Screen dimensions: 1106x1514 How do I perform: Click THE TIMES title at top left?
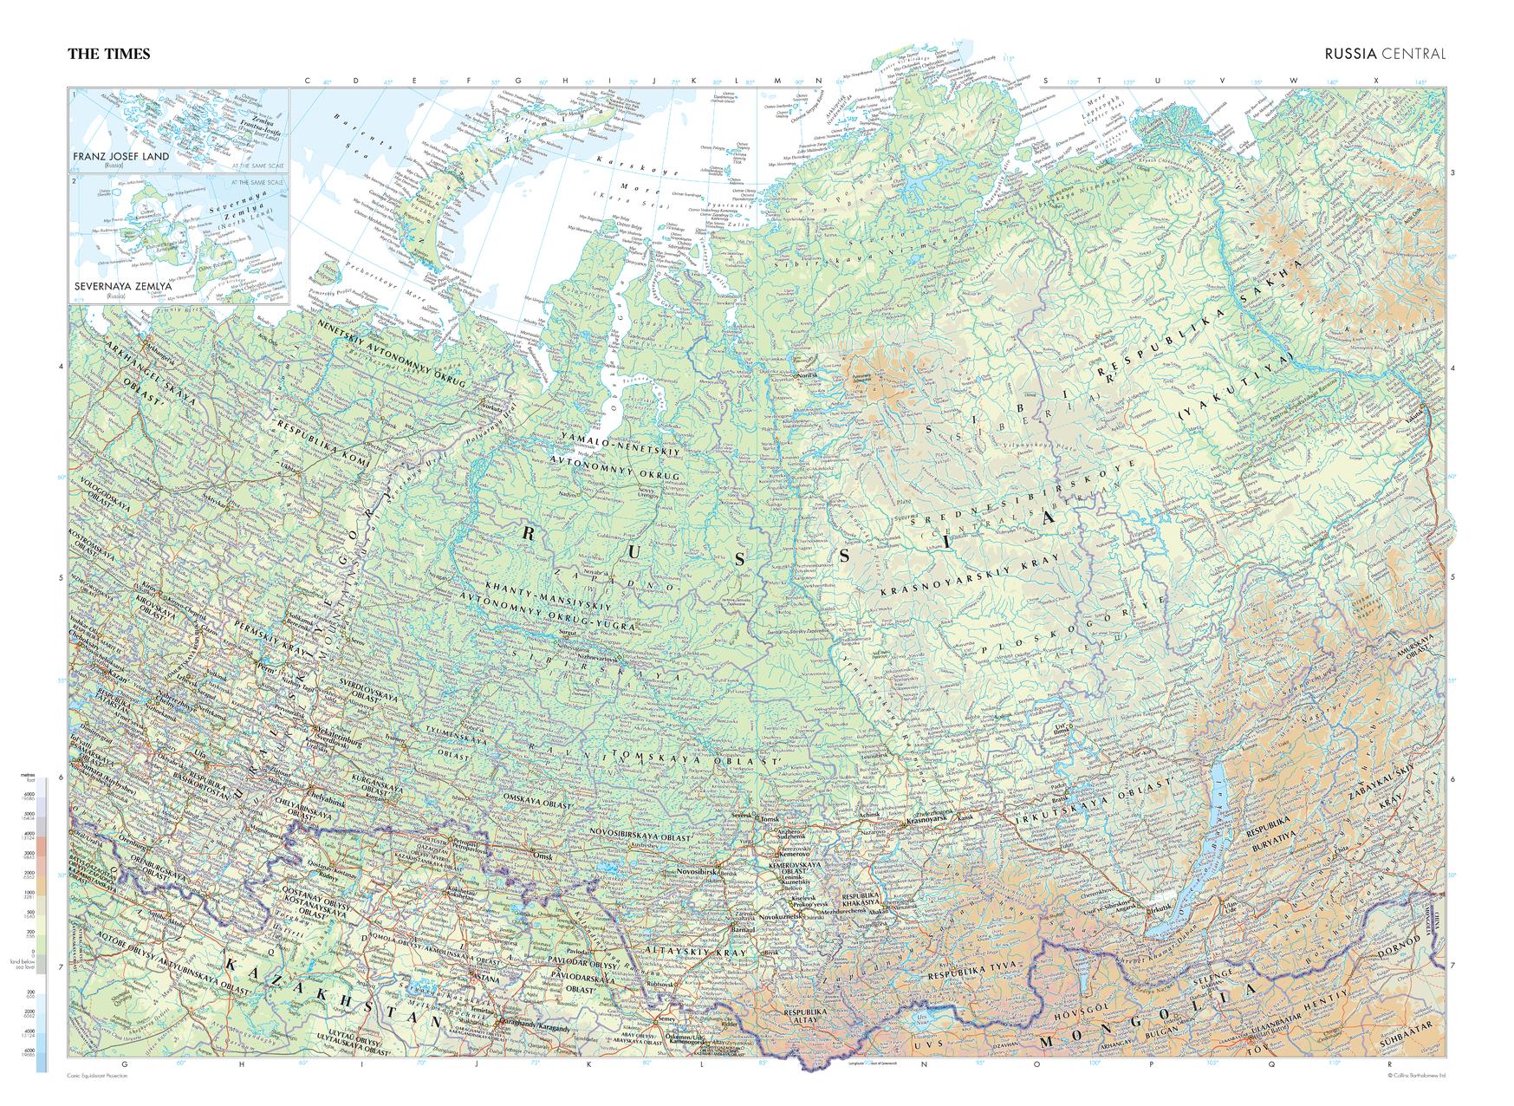(109, 54)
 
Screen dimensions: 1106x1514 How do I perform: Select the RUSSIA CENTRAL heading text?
(1384, 54)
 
